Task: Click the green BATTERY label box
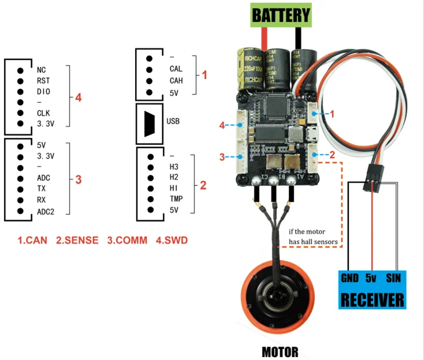(281, 15)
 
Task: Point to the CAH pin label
(176, 81)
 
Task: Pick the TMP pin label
(175, 199)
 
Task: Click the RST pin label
(43, 81)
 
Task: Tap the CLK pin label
(44, 112)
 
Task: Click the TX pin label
(41, 188)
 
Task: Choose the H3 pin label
(174, 167)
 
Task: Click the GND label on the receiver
(351, 278)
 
